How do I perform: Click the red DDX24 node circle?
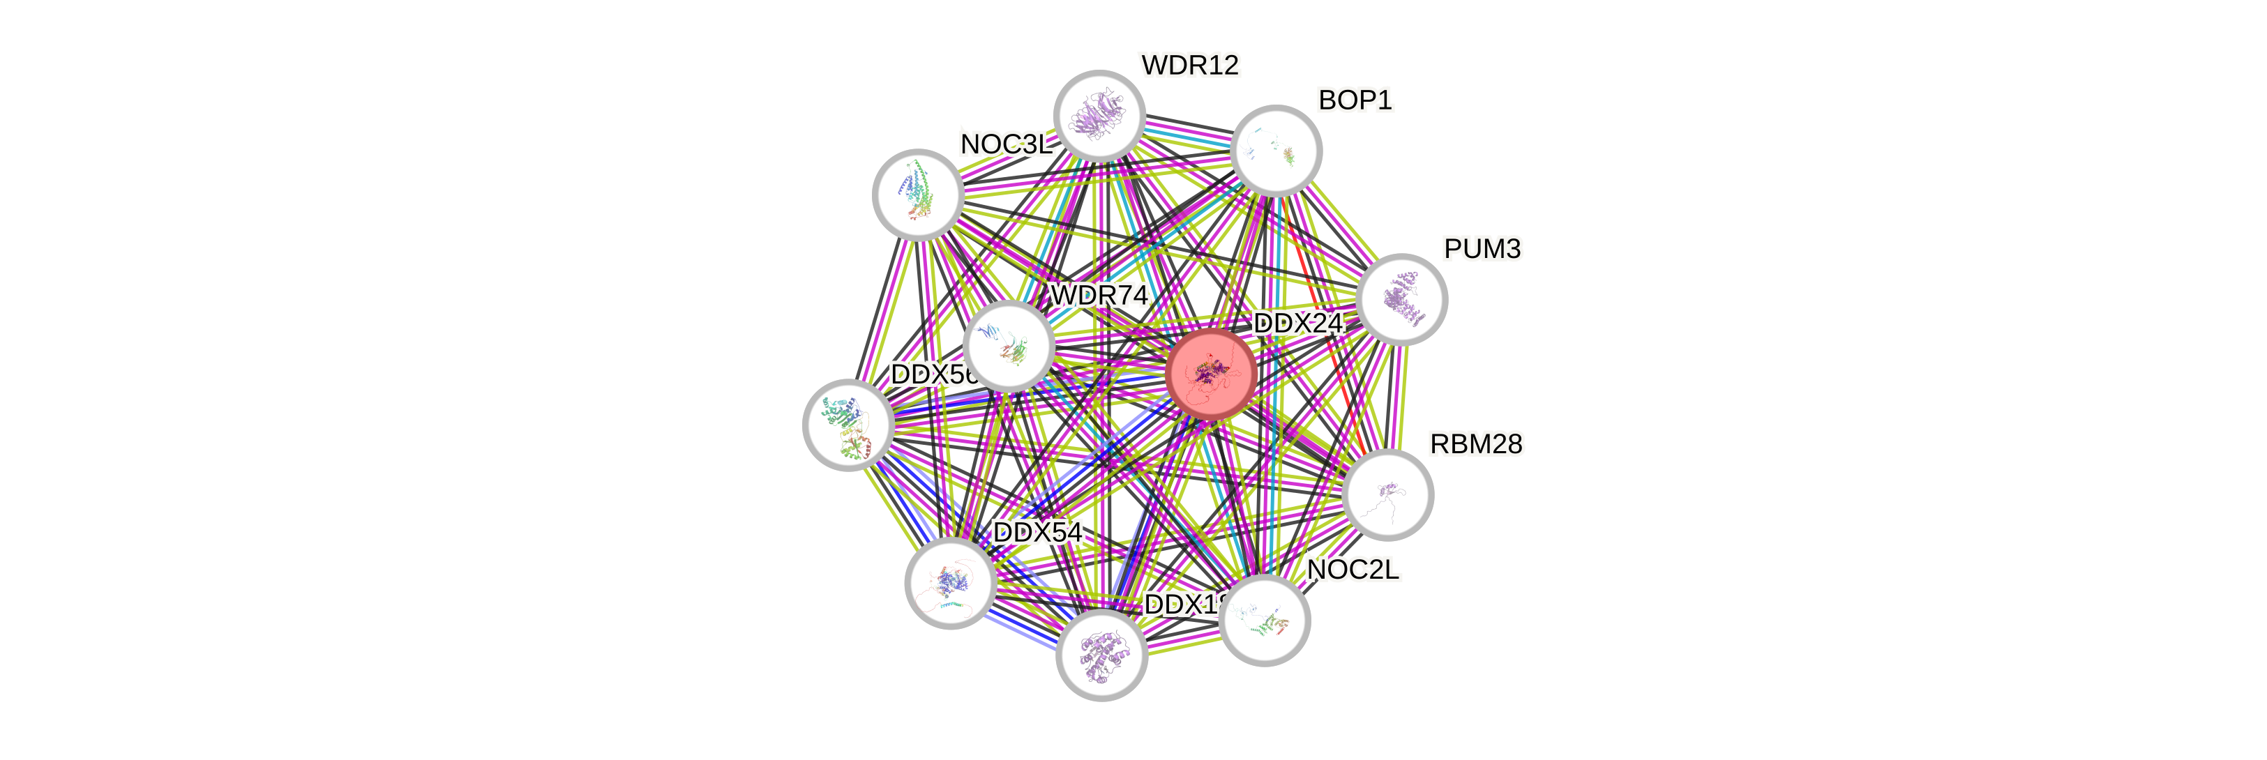[1211, 374]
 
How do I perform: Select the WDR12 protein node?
[1099, 116]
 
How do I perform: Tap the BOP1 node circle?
[1276, 151]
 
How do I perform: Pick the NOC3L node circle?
[917, 195]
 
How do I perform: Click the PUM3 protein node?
[1401, 299]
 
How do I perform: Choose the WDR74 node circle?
[1009, 346]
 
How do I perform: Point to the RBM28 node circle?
[1389, 494]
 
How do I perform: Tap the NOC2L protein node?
[1265, 620]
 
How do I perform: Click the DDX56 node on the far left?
[848, 425]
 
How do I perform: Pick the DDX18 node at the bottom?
[1101, 655]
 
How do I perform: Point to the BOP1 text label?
[1355, 100]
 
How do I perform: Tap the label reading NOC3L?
[1006, 144]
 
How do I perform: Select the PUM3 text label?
[1482, 249]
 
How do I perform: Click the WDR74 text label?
[1099, 296]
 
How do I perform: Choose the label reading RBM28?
[1476, 444]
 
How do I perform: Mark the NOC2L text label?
[1353, 570]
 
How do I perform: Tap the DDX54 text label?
[1037, 532]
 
